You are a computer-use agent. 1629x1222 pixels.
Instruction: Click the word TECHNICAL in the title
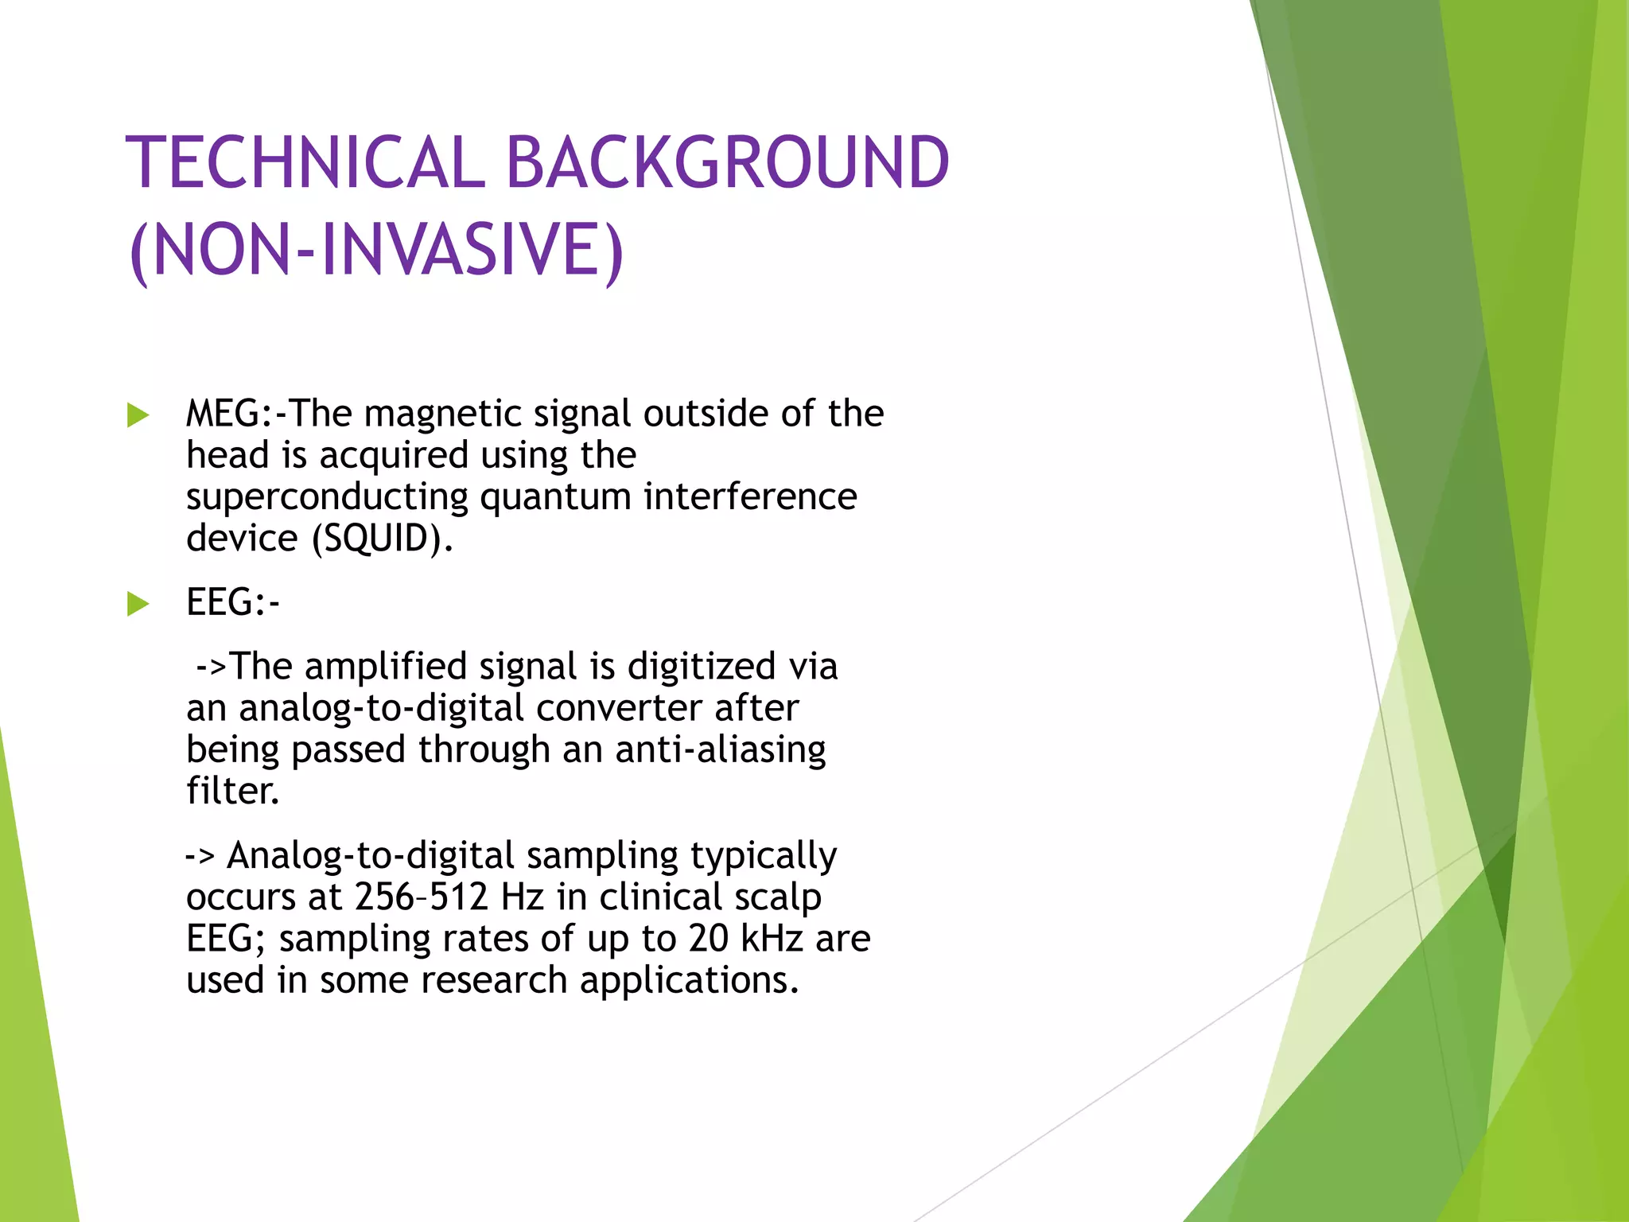pos(305,163)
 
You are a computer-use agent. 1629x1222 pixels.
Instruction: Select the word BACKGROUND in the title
pos(727,163)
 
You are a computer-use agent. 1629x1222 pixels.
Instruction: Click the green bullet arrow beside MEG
pos(138,415)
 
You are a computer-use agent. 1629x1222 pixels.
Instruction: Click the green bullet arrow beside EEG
pos(138,604)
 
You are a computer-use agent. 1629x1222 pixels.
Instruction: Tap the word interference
pos(750,496)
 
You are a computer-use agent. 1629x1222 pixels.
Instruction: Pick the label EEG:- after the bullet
pos(232,602)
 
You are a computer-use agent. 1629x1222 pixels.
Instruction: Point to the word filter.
pos(232,791)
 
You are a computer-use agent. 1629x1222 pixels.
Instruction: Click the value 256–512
pos(421,897)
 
